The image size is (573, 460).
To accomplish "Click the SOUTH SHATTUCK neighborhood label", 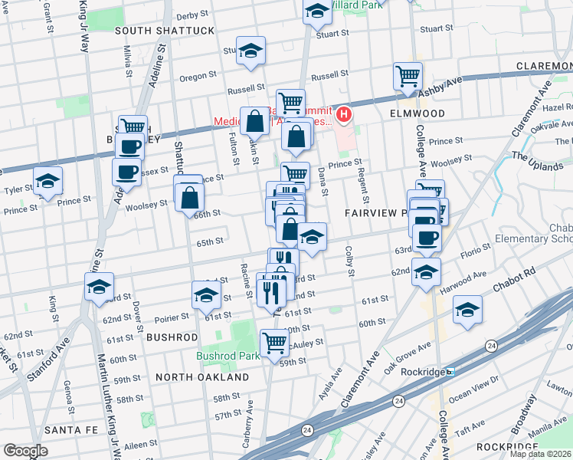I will (165, 31).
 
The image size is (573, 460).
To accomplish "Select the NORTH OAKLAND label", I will (201, 377).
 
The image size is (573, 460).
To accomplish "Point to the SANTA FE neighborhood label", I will (69, 429).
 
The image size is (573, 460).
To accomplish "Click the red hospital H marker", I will (344, 116).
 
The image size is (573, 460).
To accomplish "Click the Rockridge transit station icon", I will (451, 372).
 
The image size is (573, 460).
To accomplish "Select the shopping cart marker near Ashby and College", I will (408, 76).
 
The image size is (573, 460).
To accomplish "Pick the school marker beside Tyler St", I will (47, 182).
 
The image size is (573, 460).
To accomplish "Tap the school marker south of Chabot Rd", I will (467, 310).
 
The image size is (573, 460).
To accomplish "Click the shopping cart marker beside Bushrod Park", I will (273, 343).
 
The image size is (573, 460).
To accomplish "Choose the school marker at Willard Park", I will (316, 12).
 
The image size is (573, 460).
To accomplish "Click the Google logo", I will (25, 451).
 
